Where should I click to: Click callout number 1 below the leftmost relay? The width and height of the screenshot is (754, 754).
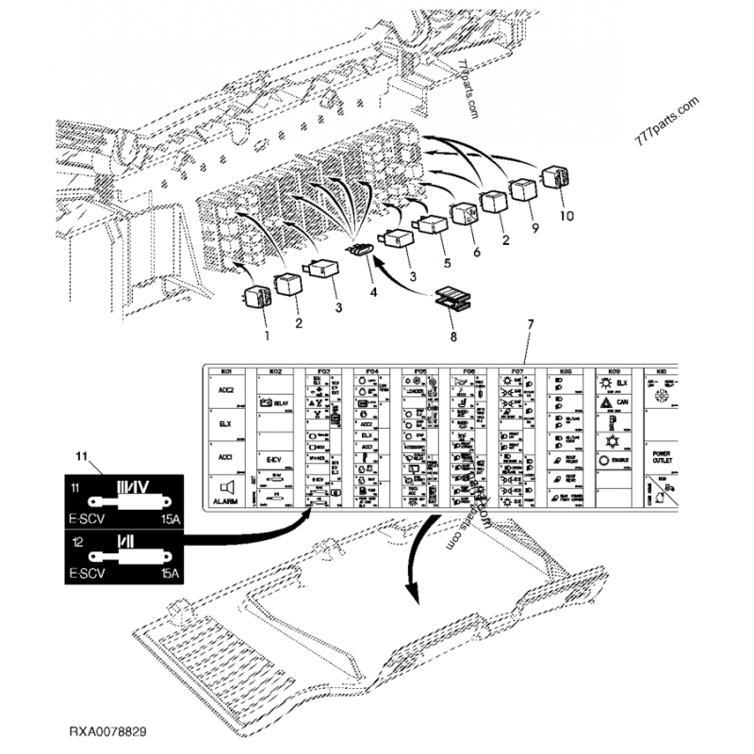266,335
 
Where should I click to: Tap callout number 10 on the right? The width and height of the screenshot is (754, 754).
565,215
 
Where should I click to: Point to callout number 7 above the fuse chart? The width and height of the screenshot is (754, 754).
530,324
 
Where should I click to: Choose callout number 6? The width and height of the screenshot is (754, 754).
477,254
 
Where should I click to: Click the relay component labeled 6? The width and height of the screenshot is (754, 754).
465,216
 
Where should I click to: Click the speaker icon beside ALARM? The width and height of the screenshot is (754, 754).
226,486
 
